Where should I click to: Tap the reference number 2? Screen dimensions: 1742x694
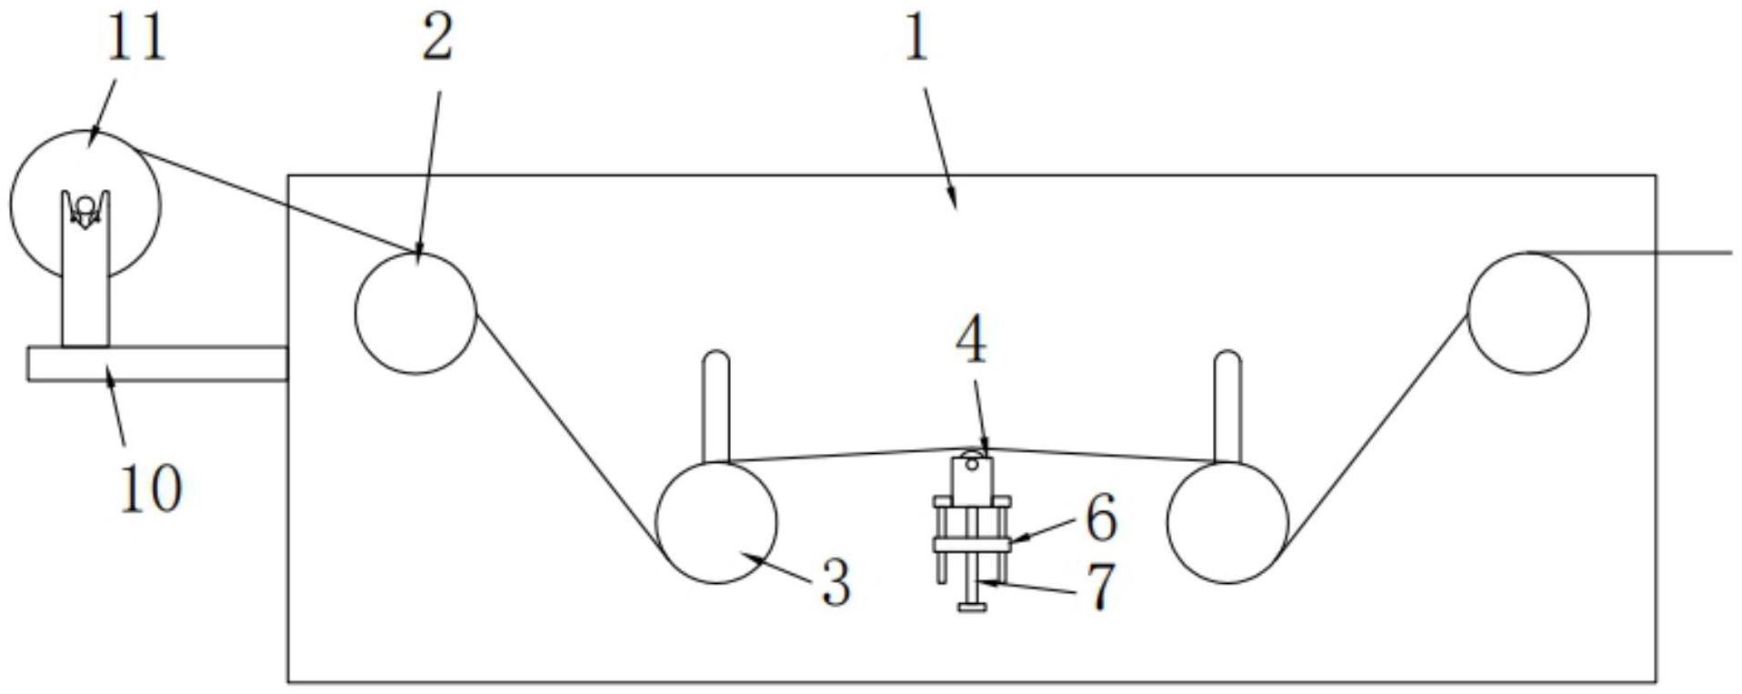[x=436, y=38]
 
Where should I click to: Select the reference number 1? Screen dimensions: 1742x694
[x=916, y=38]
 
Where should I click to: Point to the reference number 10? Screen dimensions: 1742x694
[x=151, y=488]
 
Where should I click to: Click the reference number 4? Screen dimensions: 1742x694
[x=971, y=342]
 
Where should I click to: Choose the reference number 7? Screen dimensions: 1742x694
[x=1101, y=587]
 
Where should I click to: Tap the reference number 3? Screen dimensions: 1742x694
[x=836, y=582]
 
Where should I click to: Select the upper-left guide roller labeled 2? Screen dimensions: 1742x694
[x=415, y=313]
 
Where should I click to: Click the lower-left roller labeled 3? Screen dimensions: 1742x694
[x=716, y=522]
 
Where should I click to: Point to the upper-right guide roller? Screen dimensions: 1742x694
[x=1528, y=313]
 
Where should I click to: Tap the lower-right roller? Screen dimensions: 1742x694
[x=1227, y=522]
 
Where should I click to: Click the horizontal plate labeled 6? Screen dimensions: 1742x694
[x=972, y=545]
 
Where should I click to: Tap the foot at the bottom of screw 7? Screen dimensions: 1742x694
[x=973, y=607]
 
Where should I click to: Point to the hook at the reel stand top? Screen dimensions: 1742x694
[x=85, y=209]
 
